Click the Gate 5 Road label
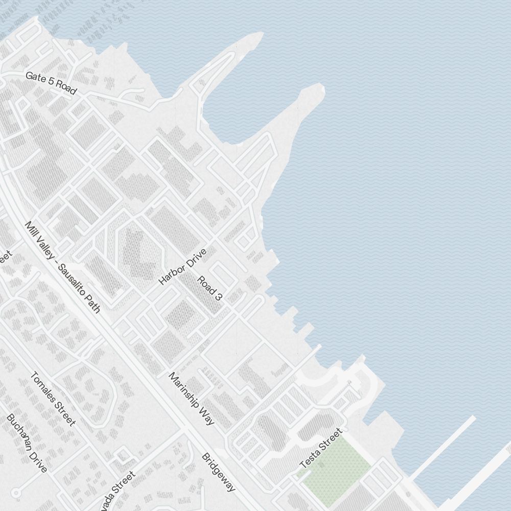[51, 83]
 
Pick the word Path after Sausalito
[95, 305]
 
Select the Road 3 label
[210, 288]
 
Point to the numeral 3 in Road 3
[219, 297]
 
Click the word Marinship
[184, 391]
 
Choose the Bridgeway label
[219, 472]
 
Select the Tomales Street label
[53, 399]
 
